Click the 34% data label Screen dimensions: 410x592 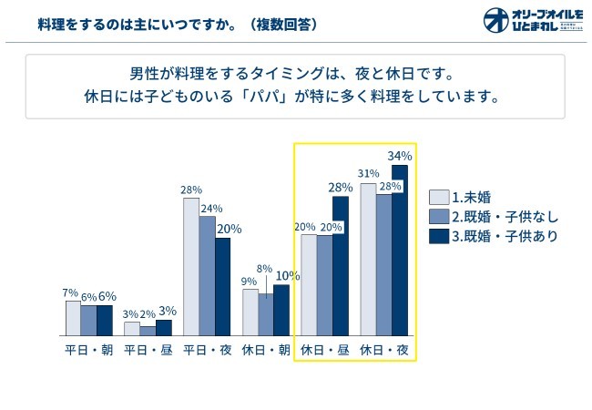click(x=400, y=155)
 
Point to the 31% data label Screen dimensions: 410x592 click(x=368, y=173)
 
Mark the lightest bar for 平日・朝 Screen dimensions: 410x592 click(x=73, y=318)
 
